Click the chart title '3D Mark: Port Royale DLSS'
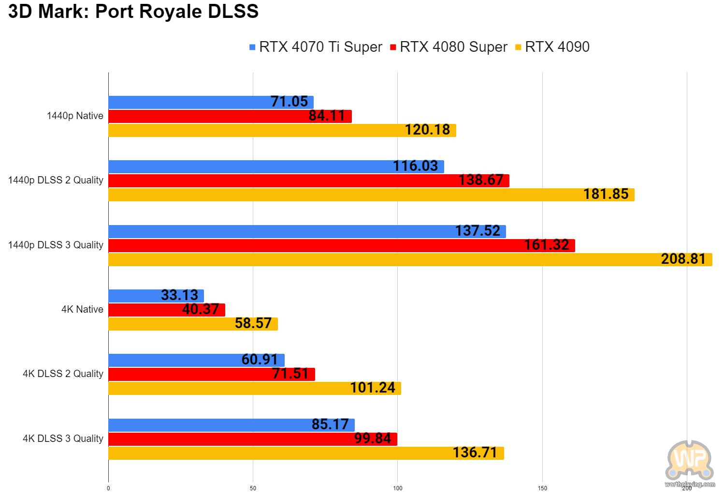pos(133,12)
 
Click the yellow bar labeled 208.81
pos(410,259)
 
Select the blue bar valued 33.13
pos(156,296)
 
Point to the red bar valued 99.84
pos(252,439)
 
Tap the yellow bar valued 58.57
pos(193,324)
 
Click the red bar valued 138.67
pos(308,181)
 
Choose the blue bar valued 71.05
pos(211,102)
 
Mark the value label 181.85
pos(606,195)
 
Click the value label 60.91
pos(260,360)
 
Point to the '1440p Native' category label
pos(75,116)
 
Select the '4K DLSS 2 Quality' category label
pos(63,374)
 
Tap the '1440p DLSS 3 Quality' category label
pos(56,245)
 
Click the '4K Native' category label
pos(82,309)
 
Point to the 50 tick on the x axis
pos(253,488)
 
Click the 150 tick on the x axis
pos(542,488)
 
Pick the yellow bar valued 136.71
pos(306,454)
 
